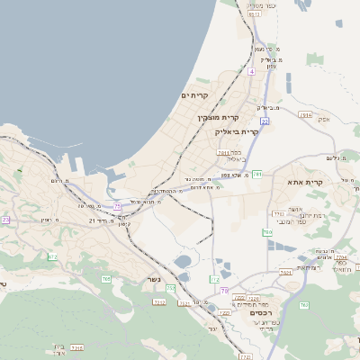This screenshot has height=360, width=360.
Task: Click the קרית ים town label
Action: [194, 95]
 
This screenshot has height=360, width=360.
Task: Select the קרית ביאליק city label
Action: [237, 131]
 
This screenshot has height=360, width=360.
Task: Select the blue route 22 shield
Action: [265, 120]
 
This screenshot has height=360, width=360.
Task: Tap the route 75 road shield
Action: [116, 205]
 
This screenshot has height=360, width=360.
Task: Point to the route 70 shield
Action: [223, 290]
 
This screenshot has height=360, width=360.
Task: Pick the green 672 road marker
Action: [52, 257]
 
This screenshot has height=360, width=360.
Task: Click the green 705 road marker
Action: [106, 279]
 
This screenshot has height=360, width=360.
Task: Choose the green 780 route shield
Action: [266, 232]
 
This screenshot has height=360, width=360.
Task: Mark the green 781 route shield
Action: [257, 174]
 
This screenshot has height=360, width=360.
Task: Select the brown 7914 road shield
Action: [305, 115]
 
